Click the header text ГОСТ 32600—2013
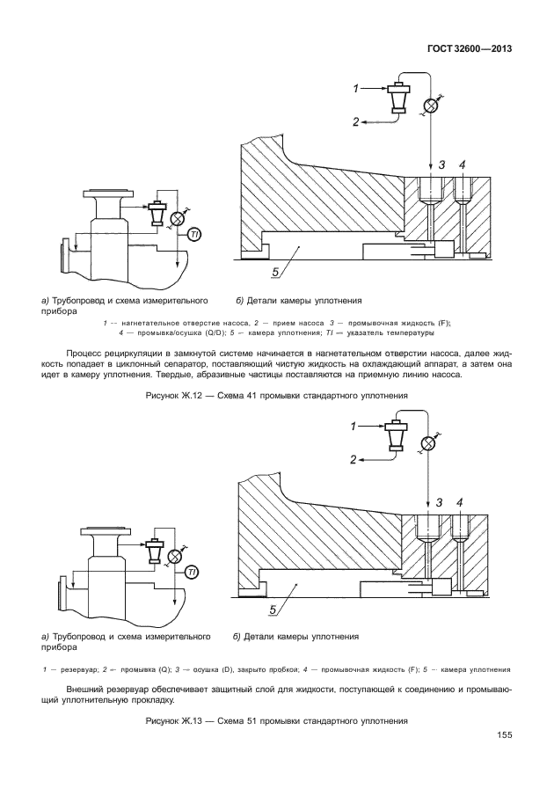(470, 48)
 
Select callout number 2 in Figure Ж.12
(357, 122)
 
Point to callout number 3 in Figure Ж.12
(442, 164)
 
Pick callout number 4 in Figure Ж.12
(462, 164)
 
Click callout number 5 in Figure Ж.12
(275, 272)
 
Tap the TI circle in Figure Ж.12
(193, 234)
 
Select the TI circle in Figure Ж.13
(193, 572)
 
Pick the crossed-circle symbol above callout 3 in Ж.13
(427, 442)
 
